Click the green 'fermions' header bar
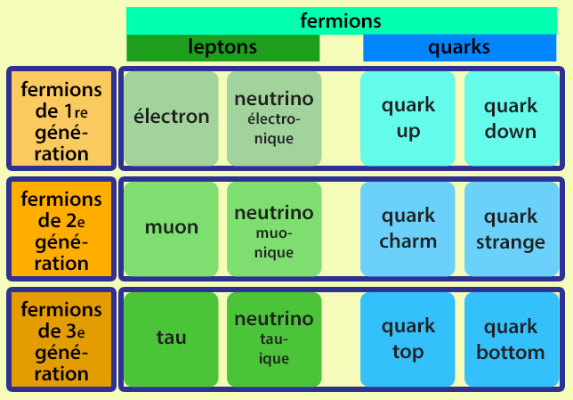pyautogui.click(x=341, y=20)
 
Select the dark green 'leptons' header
pyautogui.click(x=222, y=48)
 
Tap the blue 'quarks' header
pyautogui.click(x=459, y=48)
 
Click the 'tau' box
pyautogui.click(x=171, y=339)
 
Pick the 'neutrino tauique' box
pyautogui.click(x=273, y=339)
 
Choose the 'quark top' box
pyautogui.click(x=408, y=339)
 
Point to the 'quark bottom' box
pyautogui.click(x=511, y=339)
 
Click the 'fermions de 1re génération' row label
pyautogui.click(x=61, y=119)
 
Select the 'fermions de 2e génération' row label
pyautogui.click(x=61, y=230)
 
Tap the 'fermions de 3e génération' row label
pyautogui.click(x=61, y=340)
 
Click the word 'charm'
pyautogui.click(x=408, y=241)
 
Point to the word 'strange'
pyautogui.click(x=511, y=241)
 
